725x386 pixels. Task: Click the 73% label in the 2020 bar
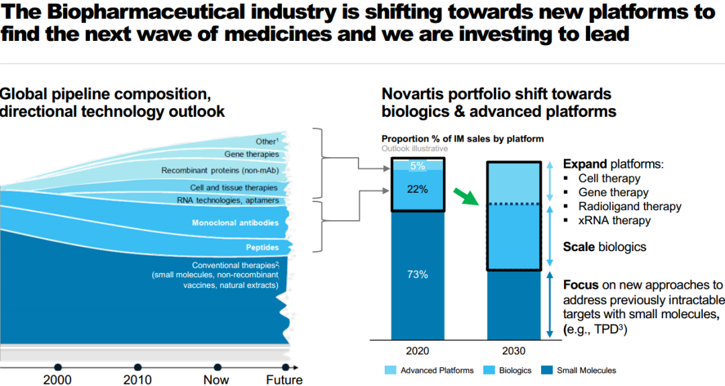click(418, 275)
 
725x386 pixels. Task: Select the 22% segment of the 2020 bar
click(418, 189)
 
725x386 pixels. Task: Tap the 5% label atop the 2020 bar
click(418, 164)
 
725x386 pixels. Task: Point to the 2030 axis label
click(513, 351)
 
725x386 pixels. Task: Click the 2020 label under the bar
click(418, 351)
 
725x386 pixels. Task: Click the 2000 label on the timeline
click(58, 380)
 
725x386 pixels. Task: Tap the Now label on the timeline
click(216, 380)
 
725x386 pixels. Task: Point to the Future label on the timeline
click(284, 380)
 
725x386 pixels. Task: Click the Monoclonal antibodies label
click(234, 223)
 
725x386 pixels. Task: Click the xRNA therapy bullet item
click(614, 220)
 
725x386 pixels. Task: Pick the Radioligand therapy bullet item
click(630, 206)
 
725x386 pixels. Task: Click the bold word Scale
click(579, 247)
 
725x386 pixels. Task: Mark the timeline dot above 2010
click(138, 367)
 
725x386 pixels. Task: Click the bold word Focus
click(580, 285)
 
